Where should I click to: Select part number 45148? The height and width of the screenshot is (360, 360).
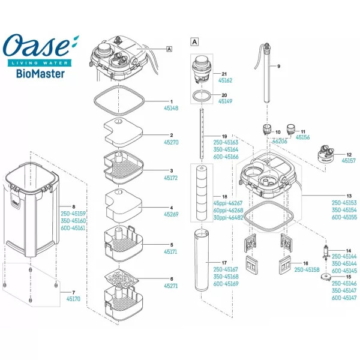pos(171,109)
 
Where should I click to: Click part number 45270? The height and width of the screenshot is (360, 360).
pos(171,143)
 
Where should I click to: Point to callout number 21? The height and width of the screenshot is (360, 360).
pos(224,72)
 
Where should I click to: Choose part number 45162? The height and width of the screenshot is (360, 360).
pos(225,80)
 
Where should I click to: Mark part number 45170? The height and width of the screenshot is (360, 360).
pos(73,298)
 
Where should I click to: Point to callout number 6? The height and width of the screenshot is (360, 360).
pos(171,279)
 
